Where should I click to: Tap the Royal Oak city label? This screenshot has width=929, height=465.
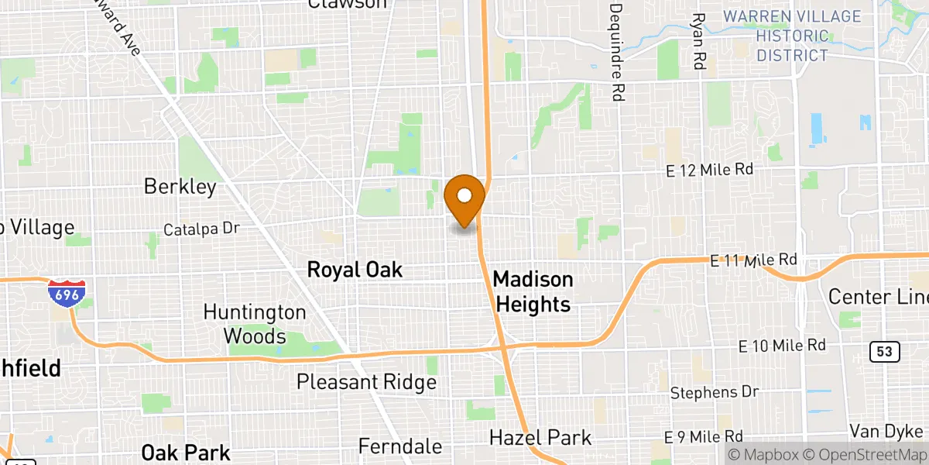click(355, 270)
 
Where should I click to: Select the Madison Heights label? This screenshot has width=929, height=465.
click(533, 291)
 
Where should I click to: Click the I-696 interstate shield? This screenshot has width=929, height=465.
click(66, 293)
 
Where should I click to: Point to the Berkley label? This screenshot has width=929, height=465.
click(180, 187)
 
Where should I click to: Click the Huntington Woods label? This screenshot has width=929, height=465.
click(255, 324)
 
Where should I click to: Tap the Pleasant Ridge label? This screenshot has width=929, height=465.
click(366, 382)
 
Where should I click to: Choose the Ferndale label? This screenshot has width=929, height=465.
click(400, 446)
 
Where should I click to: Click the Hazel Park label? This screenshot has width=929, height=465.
click(540, 438)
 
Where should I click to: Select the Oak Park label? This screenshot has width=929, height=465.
click(186, 453)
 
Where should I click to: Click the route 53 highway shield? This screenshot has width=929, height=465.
click(885, 353)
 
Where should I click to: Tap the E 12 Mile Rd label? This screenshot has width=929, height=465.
click(709, 170)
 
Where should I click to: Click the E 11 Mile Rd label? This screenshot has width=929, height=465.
click(753, 260)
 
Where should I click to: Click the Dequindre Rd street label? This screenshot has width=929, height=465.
click(616, 52)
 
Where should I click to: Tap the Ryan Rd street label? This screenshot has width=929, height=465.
click(699, 42)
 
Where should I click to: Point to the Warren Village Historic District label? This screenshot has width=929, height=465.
click(791, 36)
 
